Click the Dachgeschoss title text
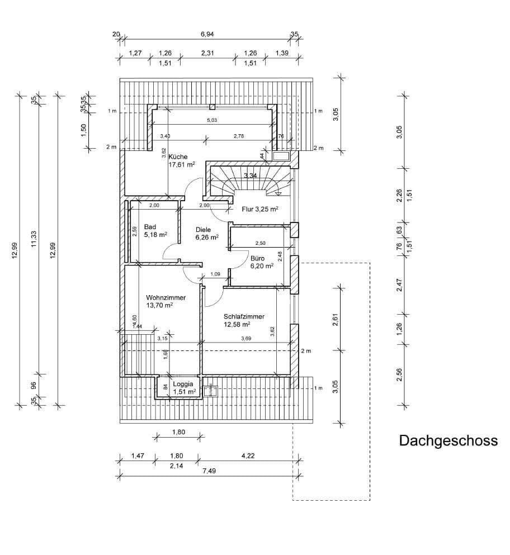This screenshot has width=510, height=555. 448,441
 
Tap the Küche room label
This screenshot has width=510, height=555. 178,157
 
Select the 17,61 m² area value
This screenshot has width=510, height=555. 182,165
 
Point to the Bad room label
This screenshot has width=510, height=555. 150,227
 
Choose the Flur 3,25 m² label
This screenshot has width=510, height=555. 260,210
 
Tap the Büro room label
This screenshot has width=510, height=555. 258,259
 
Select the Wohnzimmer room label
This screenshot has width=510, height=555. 166,298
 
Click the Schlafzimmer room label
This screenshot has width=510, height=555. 243,316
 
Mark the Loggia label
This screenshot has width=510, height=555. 183,385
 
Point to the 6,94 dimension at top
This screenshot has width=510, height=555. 207,35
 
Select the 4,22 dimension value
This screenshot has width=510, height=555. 248,456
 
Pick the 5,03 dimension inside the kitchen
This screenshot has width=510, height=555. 213,120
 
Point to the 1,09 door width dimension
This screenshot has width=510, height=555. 215,274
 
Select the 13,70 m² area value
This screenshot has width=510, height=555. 159,306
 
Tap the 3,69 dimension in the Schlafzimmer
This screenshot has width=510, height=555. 246,339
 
